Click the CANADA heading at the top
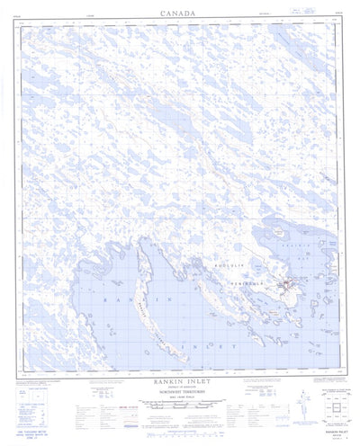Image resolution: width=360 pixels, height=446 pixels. (180, 13)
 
